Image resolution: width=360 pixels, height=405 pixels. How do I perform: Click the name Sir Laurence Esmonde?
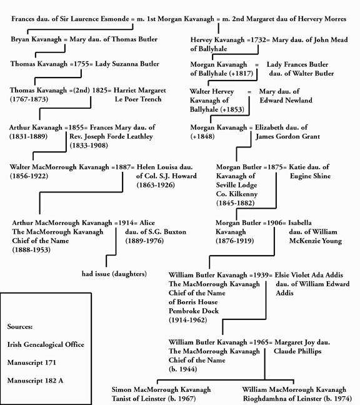[99, 19]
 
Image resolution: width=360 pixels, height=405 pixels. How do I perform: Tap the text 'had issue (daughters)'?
[114, 274]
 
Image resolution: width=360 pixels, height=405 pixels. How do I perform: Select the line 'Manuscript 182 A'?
[37, 380]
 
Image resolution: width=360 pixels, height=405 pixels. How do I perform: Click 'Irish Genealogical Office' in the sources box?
[46, 344]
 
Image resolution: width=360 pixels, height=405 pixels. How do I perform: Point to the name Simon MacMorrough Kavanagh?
[161, 389]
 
